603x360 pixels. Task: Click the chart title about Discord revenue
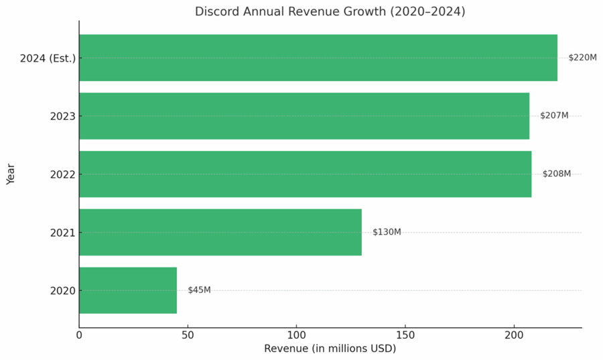[330, 11]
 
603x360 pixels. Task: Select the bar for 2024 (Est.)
[318, 58]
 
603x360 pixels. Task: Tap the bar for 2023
[304, 116]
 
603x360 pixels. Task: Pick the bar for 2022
[305, 174]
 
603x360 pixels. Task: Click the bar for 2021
[220, 232]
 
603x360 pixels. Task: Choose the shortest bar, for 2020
[128, 290]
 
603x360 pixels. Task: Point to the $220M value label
[582, 58]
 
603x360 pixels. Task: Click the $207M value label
[554, 116]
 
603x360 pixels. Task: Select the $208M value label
[557, 174]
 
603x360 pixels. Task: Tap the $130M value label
[387, 232]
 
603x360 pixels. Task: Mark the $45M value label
[199, 290]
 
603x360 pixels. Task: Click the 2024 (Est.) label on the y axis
[48, 58]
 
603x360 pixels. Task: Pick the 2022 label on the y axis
[62, 175]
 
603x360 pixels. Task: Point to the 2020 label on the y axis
[62, 291]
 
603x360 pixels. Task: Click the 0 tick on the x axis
[79, 335]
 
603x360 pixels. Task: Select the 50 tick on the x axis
[188, 335]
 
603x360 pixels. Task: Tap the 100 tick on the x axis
[296, 335]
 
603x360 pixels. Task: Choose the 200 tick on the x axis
[513, 335]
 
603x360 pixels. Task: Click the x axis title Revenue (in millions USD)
[330, 349]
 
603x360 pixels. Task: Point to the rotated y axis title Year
[11, 174]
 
